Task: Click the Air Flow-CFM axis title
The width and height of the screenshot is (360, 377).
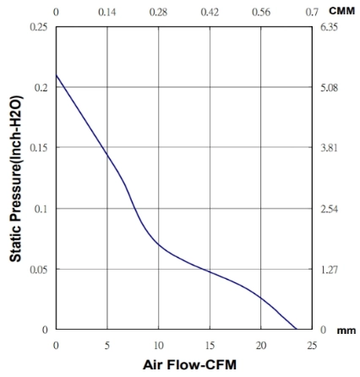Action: point(189,365)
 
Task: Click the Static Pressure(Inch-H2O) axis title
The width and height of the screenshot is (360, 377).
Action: point(15,178)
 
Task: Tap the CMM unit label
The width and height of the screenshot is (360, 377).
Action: point(342,11)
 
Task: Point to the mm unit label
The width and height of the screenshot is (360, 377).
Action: point(346,331)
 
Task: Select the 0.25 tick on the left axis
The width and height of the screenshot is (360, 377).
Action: point(39,27)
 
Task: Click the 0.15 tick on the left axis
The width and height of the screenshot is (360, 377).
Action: point(39,148)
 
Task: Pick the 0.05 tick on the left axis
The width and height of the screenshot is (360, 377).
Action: point(39,270)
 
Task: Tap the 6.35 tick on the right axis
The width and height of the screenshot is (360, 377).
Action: point(329,27)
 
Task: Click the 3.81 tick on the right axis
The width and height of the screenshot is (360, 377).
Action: point(329,148)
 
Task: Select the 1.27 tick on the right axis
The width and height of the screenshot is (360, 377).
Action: point(329,270)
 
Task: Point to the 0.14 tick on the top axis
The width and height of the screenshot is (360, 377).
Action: point(107,12)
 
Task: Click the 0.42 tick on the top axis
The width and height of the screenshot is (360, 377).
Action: point(210,12)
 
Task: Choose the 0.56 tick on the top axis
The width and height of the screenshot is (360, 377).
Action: point(261,12)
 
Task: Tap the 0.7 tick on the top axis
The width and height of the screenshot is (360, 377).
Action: point(312,12)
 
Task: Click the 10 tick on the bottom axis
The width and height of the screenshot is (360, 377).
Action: point(159,346)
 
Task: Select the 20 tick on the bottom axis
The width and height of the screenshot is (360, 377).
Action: point(261,346)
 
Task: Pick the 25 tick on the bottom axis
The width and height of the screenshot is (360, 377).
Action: point(312,346)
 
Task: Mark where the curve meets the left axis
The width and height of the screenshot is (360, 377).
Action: point(57,75)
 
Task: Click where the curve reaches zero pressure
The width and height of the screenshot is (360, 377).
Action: point(297,329)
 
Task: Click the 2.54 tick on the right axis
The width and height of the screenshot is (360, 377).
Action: point(329,210)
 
